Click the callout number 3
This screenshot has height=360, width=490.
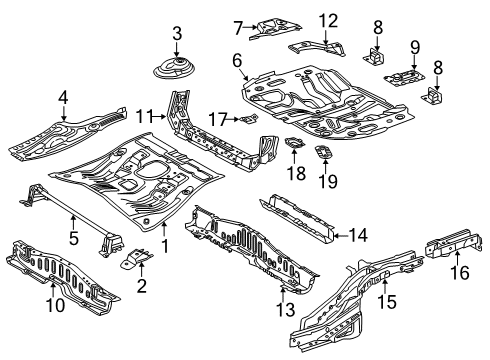(x=177, y=34)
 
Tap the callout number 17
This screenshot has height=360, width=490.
(x=218, y=119)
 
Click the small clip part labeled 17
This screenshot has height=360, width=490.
(x=249, y=118)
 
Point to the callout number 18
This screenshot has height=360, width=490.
(x=296, y=173)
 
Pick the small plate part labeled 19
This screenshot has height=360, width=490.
(x=323, y=152)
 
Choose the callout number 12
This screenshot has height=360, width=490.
(x=328, y=21)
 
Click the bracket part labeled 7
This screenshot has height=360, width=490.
(x=275, y=28)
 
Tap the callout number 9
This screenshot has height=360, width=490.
(x=415, y=48)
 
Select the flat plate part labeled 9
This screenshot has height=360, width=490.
(x=405, y=77)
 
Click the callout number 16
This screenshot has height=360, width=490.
(x=460, y=272)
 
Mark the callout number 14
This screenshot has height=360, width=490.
(x=358, y=235)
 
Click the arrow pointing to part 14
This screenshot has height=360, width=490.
(x=340, y=236)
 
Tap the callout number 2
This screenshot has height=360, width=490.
(x=142, y=286)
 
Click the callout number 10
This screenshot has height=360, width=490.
(x=55, y=305)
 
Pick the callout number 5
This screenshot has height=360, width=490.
(x=74, y=238)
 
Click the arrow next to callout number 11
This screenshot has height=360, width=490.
(x=159, y=117)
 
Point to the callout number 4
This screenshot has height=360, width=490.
(x=63, y=98)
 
